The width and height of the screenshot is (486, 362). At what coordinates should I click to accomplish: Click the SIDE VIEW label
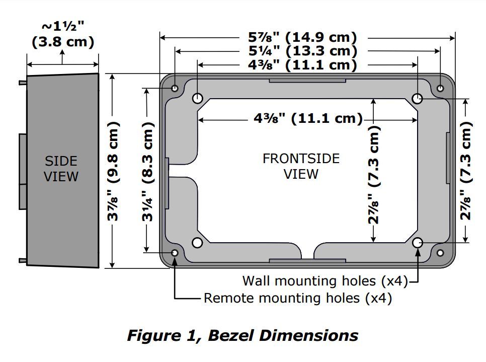point(61,169)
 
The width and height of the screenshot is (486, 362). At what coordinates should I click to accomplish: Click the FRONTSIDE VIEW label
point(301,166)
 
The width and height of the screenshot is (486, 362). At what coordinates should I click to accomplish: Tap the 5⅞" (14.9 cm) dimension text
point(302,37)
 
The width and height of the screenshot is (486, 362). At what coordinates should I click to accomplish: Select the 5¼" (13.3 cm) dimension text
point(302,51)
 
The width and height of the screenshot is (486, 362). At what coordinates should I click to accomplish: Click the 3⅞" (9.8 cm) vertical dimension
point(115,171)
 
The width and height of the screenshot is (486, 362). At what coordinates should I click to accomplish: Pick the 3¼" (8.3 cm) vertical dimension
point(148,171)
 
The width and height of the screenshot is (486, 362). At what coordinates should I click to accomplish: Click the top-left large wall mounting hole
point(197,98)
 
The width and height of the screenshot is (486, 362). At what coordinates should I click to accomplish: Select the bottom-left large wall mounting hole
point(197,243)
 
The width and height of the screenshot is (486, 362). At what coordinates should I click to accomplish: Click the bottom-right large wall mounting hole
point(418,243)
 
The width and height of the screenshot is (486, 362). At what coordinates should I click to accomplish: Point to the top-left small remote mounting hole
point(175,89)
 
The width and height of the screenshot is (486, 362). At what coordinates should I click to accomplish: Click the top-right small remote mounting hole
point(440,89)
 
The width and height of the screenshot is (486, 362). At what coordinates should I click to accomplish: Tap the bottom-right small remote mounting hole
point(440,252)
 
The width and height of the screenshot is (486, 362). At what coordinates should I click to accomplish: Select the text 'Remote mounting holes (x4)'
point(297,298)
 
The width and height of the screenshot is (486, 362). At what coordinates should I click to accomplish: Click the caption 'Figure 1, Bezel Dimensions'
point(242,335)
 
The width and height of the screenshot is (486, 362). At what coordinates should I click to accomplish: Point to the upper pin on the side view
point(23,82)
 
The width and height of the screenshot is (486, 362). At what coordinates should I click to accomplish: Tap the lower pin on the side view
point(23,260)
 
